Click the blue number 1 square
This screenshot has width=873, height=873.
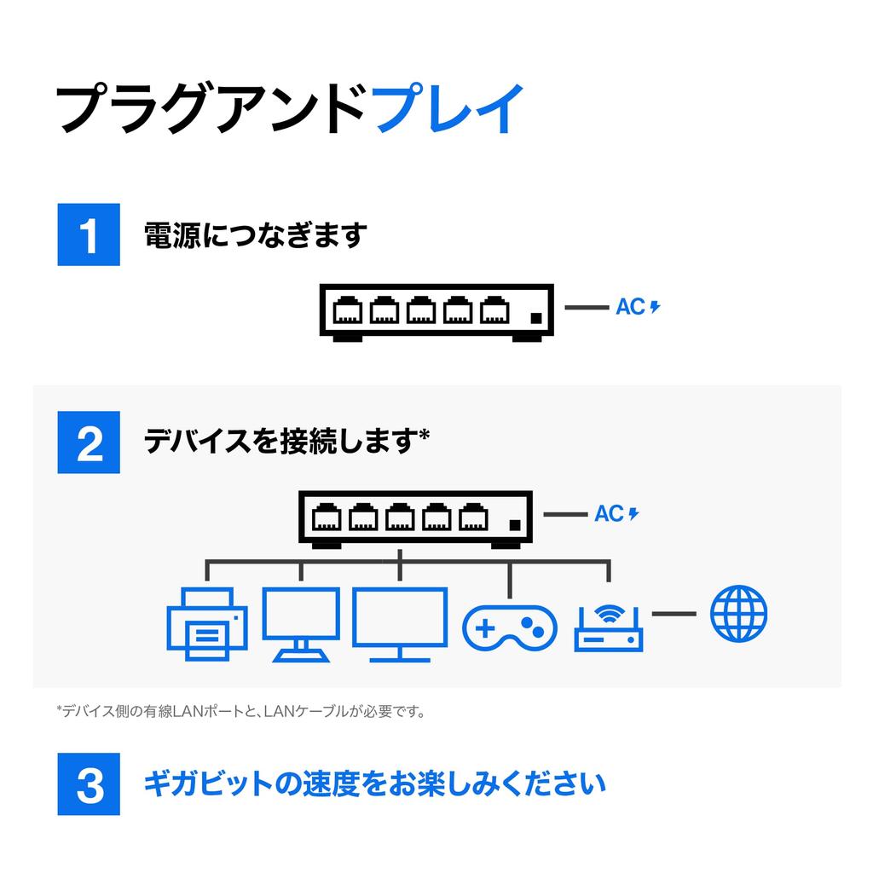pos(89,234)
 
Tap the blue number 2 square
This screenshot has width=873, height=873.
pos(89,442)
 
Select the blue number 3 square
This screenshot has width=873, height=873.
pos(89,783)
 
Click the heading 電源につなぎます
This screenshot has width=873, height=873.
pos(256,234)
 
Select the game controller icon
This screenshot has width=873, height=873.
pos(509,628)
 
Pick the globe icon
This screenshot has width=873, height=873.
pos(738,614)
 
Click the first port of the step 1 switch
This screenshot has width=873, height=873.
pos(347,310)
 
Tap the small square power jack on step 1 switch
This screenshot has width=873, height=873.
pos(535,317)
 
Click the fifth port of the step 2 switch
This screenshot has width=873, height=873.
pos(472,517)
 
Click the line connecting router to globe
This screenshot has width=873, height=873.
pos(674,614)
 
